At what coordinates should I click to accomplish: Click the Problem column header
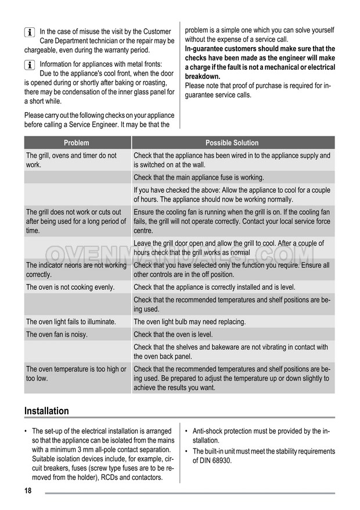pos(77,143)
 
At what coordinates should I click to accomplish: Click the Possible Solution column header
pos(232,143)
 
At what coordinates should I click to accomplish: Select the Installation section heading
pos(46,411)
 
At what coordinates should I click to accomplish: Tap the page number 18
pos(28,491)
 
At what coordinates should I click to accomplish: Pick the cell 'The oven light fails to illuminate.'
pos(71,322)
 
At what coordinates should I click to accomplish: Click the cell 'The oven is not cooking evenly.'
pos(70,287)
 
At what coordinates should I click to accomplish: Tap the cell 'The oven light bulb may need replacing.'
pos(189,322)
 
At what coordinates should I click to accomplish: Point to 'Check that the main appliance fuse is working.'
pos(199,177)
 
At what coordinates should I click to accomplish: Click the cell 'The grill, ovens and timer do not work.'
pos(71,160)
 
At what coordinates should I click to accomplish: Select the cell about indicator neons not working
pos(76,270)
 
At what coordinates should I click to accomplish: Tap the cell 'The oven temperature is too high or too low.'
pos(76,373)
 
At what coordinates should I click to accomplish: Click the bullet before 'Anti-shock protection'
pos(187,432)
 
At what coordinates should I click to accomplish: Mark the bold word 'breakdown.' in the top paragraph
pos(203,76)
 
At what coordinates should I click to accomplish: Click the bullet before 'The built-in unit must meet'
pos(187,451)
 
